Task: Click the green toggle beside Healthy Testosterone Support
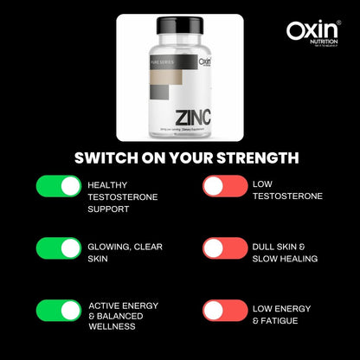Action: click(x=59, y=185)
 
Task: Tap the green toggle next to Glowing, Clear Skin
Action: click(x=59, y=247)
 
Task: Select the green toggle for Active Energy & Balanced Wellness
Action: click(x=59, y=311)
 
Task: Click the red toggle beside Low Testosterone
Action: click(x=225, y=185)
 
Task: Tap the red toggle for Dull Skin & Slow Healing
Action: click(x=225, y=247)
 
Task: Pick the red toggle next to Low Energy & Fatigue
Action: click(x=225, y=311)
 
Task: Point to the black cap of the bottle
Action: click(x=179, y=27)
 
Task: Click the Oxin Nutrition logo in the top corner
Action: click(x=313, y=33)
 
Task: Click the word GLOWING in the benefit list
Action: click(x=109, y=247)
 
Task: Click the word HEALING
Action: click(x=297, y=258)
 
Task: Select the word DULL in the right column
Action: click(x=266, y=247)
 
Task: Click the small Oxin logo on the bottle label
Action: click(x=204, y=61)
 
